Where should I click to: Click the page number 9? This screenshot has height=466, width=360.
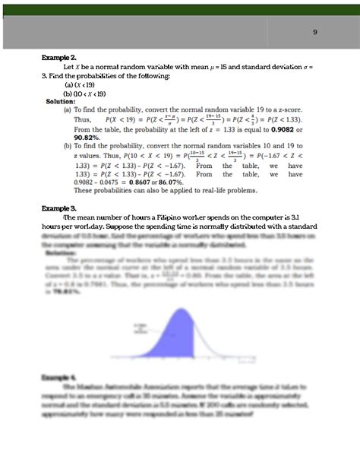click(315, 32)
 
